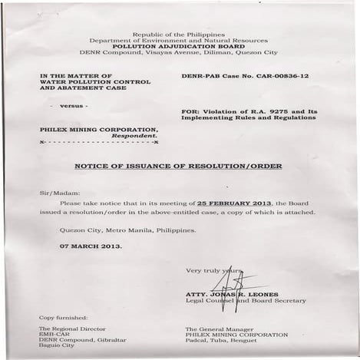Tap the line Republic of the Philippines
click(x=179, y=35)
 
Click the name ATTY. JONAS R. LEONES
click(x=231, y=294)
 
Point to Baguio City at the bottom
click(x=58, y=346)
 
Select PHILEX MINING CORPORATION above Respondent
click(x=98, y=129)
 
